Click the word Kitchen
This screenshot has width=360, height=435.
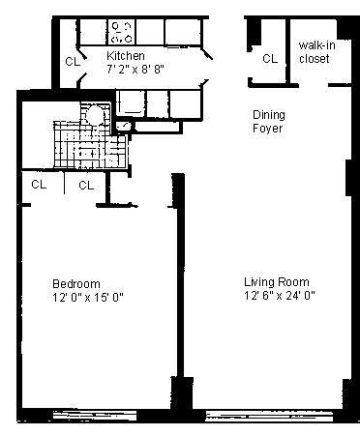coord(126,56)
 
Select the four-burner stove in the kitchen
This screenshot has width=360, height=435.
coord(124,31)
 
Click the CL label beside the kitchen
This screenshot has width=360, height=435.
coord(73,61)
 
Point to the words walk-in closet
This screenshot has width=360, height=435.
coord(314,52)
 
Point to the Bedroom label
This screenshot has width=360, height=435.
coord(75,283)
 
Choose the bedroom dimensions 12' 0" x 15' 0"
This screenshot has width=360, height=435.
coord(88,297)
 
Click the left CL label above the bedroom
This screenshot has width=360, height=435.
coord(39,185)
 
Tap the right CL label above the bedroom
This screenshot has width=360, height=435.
coord(85,185)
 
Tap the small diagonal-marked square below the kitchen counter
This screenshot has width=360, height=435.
coord(123,126)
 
